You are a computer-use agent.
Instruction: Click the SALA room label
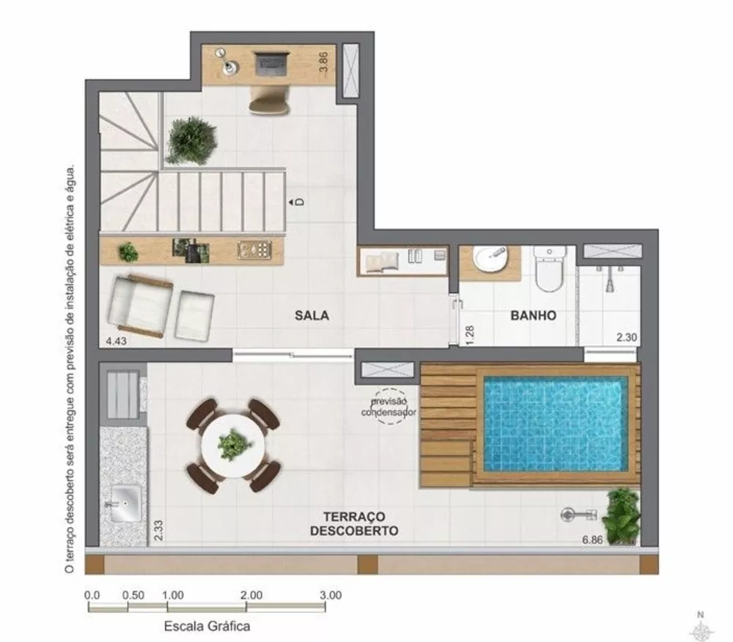pos(312,316)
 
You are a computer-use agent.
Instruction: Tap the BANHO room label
pos(533,316)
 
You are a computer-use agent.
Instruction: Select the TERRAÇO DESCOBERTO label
pos(354,523)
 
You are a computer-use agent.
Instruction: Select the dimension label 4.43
pos(117,340)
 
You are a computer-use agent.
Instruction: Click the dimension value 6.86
pos(594,540)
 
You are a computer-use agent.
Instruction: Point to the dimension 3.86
pos(322,60)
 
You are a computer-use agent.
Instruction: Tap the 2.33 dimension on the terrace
pos(158,529)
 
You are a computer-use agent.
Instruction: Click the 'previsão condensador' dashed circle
pos(388,405)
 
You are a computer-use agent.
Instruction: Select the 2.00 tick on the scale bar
pos(251,595)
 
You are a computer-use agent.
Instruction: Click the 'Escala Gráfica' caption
pos(207,626)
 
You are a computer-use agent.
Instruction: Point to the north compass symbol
pos(701,627)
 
